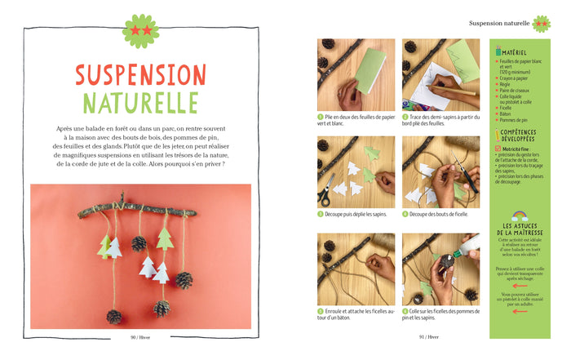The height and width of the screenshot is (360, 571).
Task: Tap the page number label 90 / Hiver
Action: point(143,336)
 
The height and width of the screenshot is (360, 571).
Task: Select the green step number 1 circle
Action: point(321,117)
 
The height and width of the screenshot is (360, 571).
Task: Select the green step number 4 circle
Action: point(405,214)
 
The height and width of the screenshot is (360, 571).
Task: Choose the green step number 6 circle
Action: point(405,311)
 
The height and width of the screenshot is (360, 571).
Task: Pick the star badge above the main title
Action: point(140,30)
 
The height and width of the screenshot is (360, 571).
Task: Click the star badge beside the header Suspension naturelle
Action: point(542,24)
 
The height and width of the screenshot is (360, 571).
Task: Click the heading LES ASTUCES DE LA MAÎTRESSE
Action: point(520,229)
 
